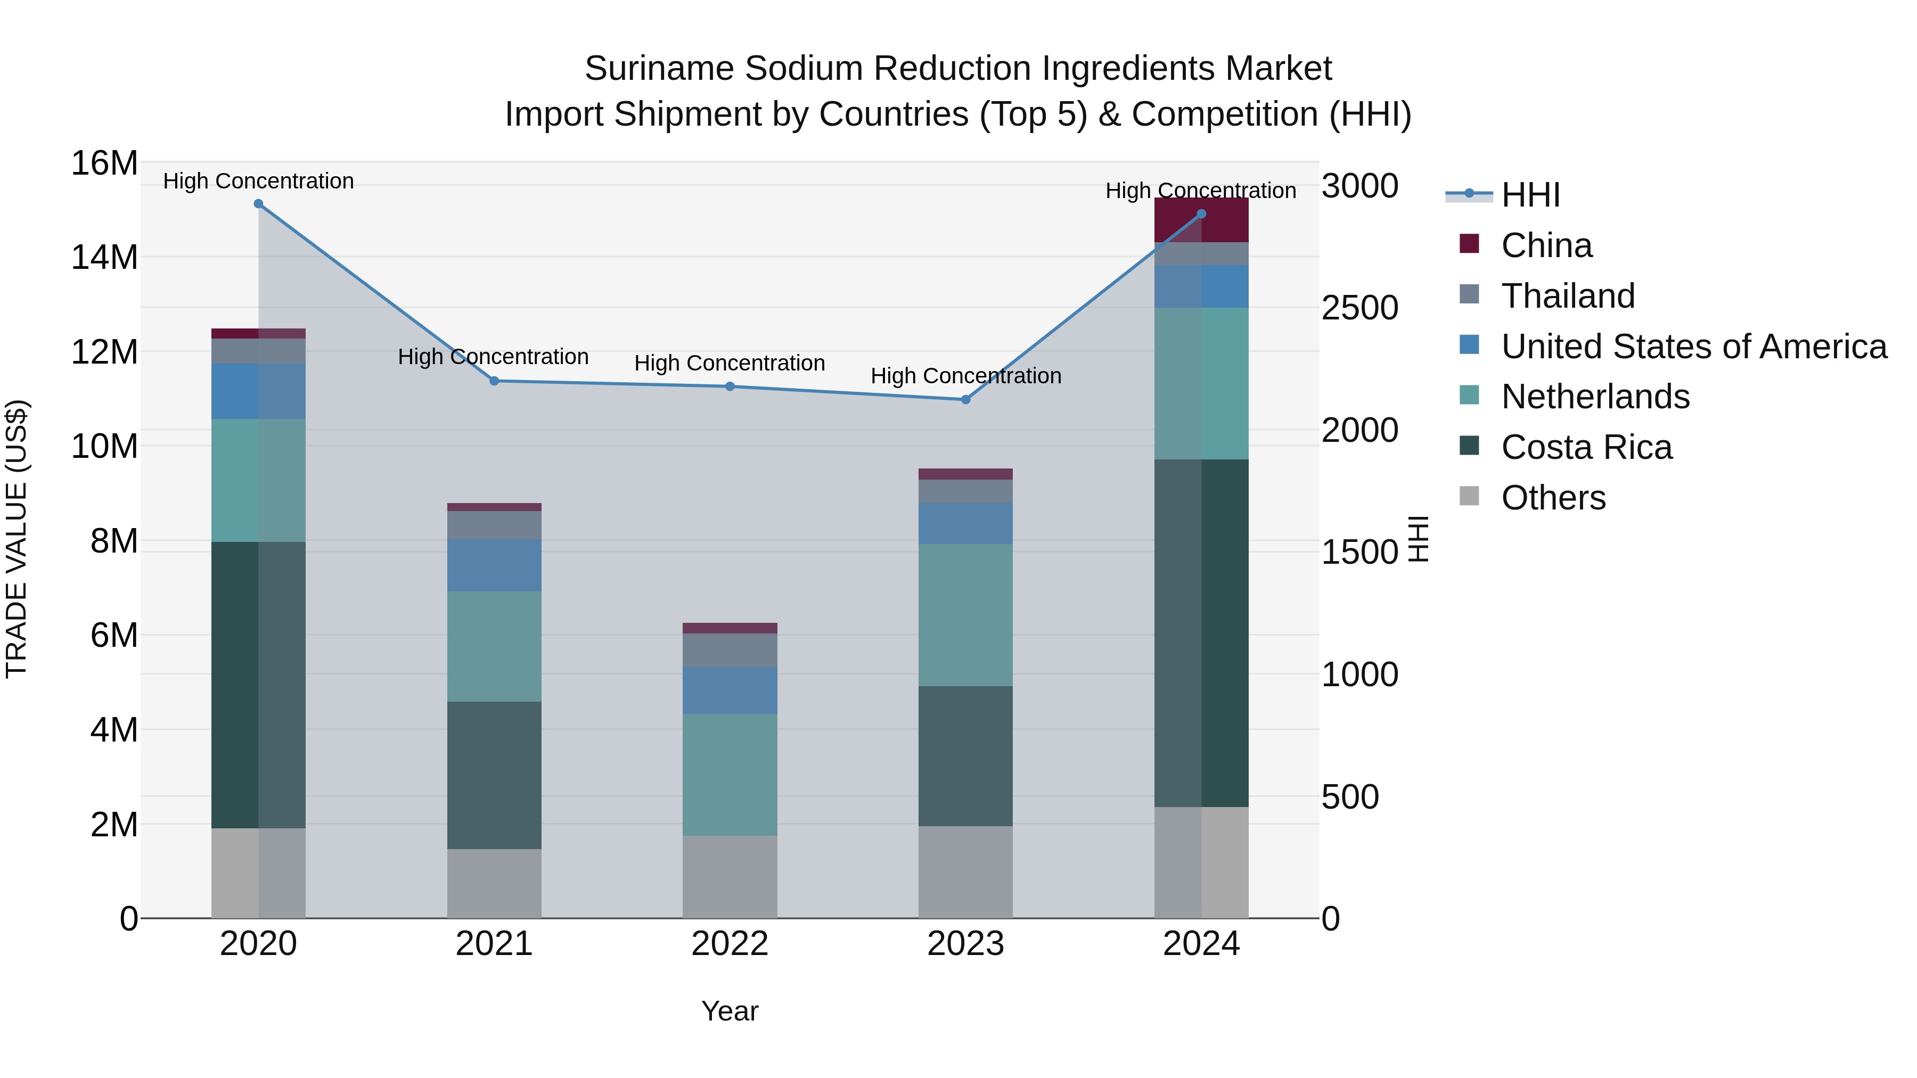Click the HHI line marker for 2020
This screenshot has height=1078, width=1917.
(x=258, y=204)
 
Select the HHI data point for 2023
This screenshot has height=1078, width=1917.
(x=965, y=399)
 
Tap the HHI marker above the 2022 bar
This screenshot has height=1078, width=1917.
(x=730, y=386)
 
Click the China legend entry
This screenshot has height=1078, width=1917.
(x=1546, y=245)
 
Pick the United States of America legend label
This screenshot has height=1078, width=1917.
(x=1694, y=347)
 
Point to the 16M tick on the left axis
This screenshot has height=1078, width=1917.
(x=104, y=163)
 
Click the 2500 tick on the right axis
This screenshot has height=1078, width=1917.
(x=1359, y=308)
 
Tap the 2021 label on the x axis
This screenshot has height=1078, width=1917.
(x=494, y=944)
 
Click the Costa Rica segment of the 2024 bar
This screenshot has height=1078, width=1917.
(x=1201, y=632)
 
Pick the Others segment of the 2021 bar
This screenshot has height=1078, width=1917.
(x=494, y=883)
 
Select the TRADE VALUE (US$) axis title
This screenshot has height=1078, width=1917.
(x=17, y=539)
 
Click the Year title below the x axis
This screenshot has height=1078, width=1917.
(x=730, y=1011)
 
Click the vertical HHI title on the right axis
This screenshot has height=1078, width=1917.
(x=1419, y=539)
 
